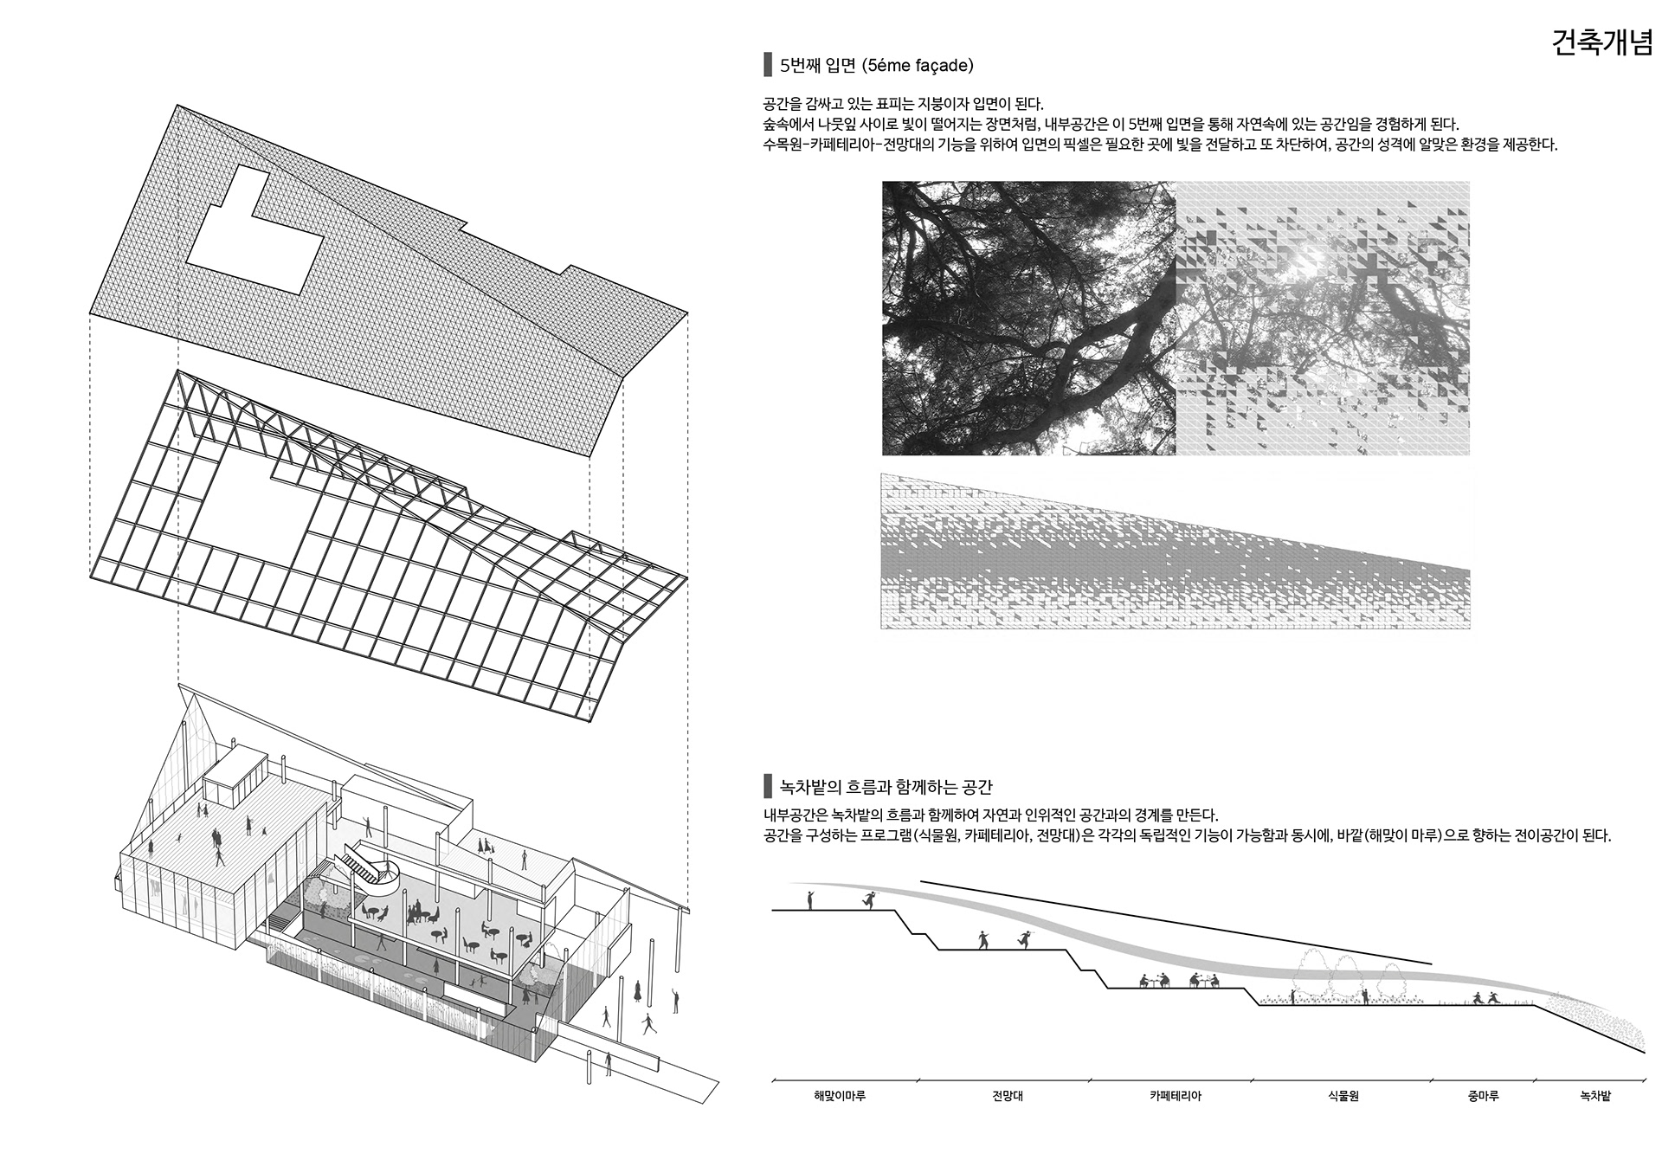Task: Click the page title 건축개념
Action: (1601, 43)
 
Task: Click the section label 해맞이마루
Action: (839, 1096)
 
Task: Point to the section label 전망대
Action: (1008, 1096)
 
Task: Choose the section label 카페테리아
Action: (1175, 1096)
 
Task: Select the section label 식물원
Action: (1343, 1096)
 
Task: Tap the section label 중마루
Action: (1483, 1096)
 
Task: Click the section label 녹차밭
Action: (1594, 1096)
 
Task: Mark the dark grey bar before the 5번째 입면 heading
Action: (767, 65)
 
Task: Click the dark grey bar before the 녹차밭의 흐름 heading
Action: (767, 787)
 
